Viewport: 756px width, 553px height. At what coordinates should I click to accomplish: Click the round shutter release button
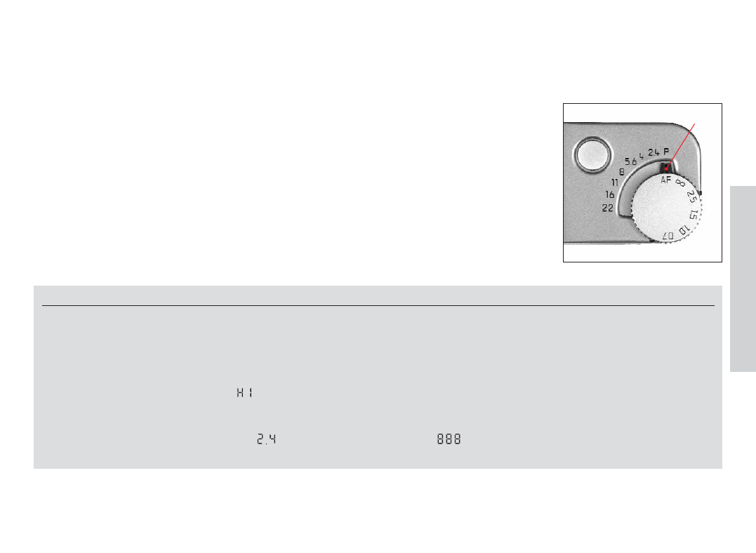592,155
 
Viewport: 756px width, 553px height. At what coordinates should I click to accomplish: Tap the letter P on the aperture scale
666,152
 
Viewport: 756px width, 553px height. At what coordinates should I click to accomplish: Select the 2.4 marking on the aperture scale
654,152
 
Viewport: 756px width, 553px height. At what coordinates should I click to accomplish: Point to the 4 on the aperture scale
642,156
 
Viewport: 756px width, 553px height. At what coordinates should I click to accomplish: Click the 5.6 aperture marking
630,161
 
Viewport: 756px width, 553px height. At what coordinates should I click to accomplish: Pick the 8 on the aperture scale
621,172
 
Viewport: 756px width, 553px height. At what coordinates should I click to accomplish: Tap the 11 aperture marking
615,182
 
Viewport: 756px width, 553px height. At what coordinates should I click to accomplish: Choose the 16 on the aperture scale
610,194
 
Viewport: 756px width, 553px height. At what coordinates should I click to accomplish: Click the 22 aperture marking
607,208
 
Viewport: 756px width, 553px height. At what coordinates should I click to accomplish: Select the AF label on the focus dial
666,180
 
